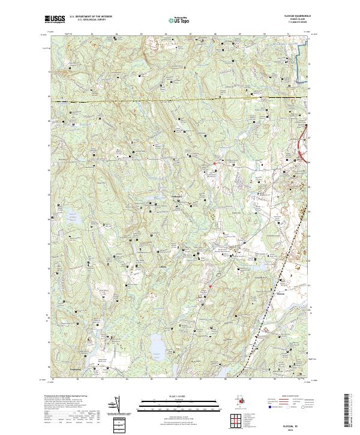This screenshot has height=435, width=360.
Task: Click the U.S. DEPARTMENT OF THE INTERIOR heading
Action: tap(91, 17)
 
